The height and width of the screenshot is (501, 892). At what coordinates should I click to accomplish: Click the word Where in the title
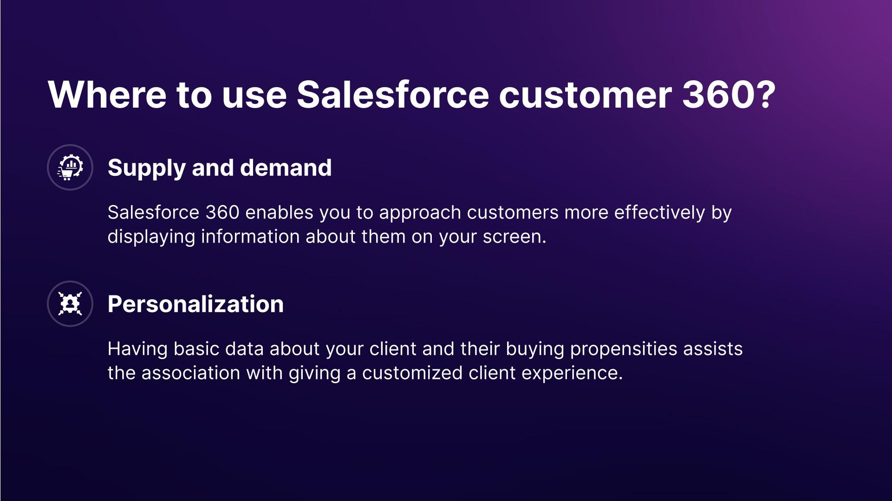pyautogui.click(x=107, y=95)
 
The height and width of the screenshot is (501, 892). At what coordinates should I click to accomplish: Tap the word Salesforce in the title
pyautogui.click(x=393, y=95)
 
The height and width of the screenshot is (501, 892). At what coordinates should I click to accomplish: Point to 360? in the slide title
pyautogui.click(x=729, y=95)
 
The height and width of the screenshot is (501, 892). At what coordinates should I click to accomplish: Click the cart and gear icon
pyautogui.click(x=70, y=167)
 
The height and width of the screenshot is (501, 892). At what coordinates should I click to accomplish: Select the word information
pyautogui.click(x=250, y=237)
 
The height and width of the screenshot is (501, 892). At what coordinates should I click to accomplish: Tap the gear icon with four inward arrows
pyautogui.click(x=70, y=304)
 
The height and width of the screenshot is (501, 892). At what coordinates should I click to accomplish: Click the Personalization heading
pyautogui.click(x=195, y=304)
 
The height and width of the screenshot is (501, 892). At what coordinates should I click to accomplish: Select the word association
pyautogui.click(x=191, y=373)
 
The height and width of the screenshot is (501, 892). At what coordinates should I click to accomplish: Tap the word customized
pyautogui.click(x=412, y=373)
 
